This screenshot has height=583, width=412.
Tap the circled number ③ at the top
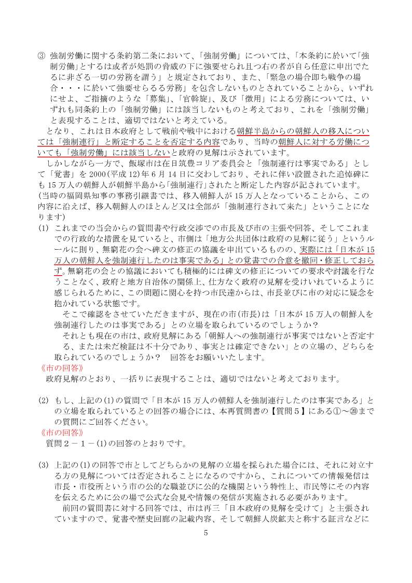point(42,55)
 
